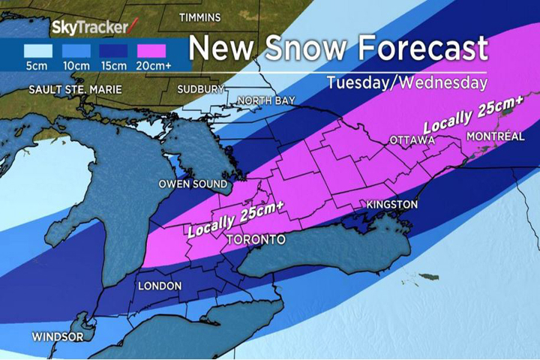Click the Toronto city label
256,240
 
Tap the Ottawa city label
412,140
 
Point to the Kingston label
391,205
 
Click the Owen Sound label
193,184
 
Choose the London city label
160,286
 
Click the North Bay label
266,100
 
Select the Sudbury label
201,89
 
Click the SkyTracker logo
94,28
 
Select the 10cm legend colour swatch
77,52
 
